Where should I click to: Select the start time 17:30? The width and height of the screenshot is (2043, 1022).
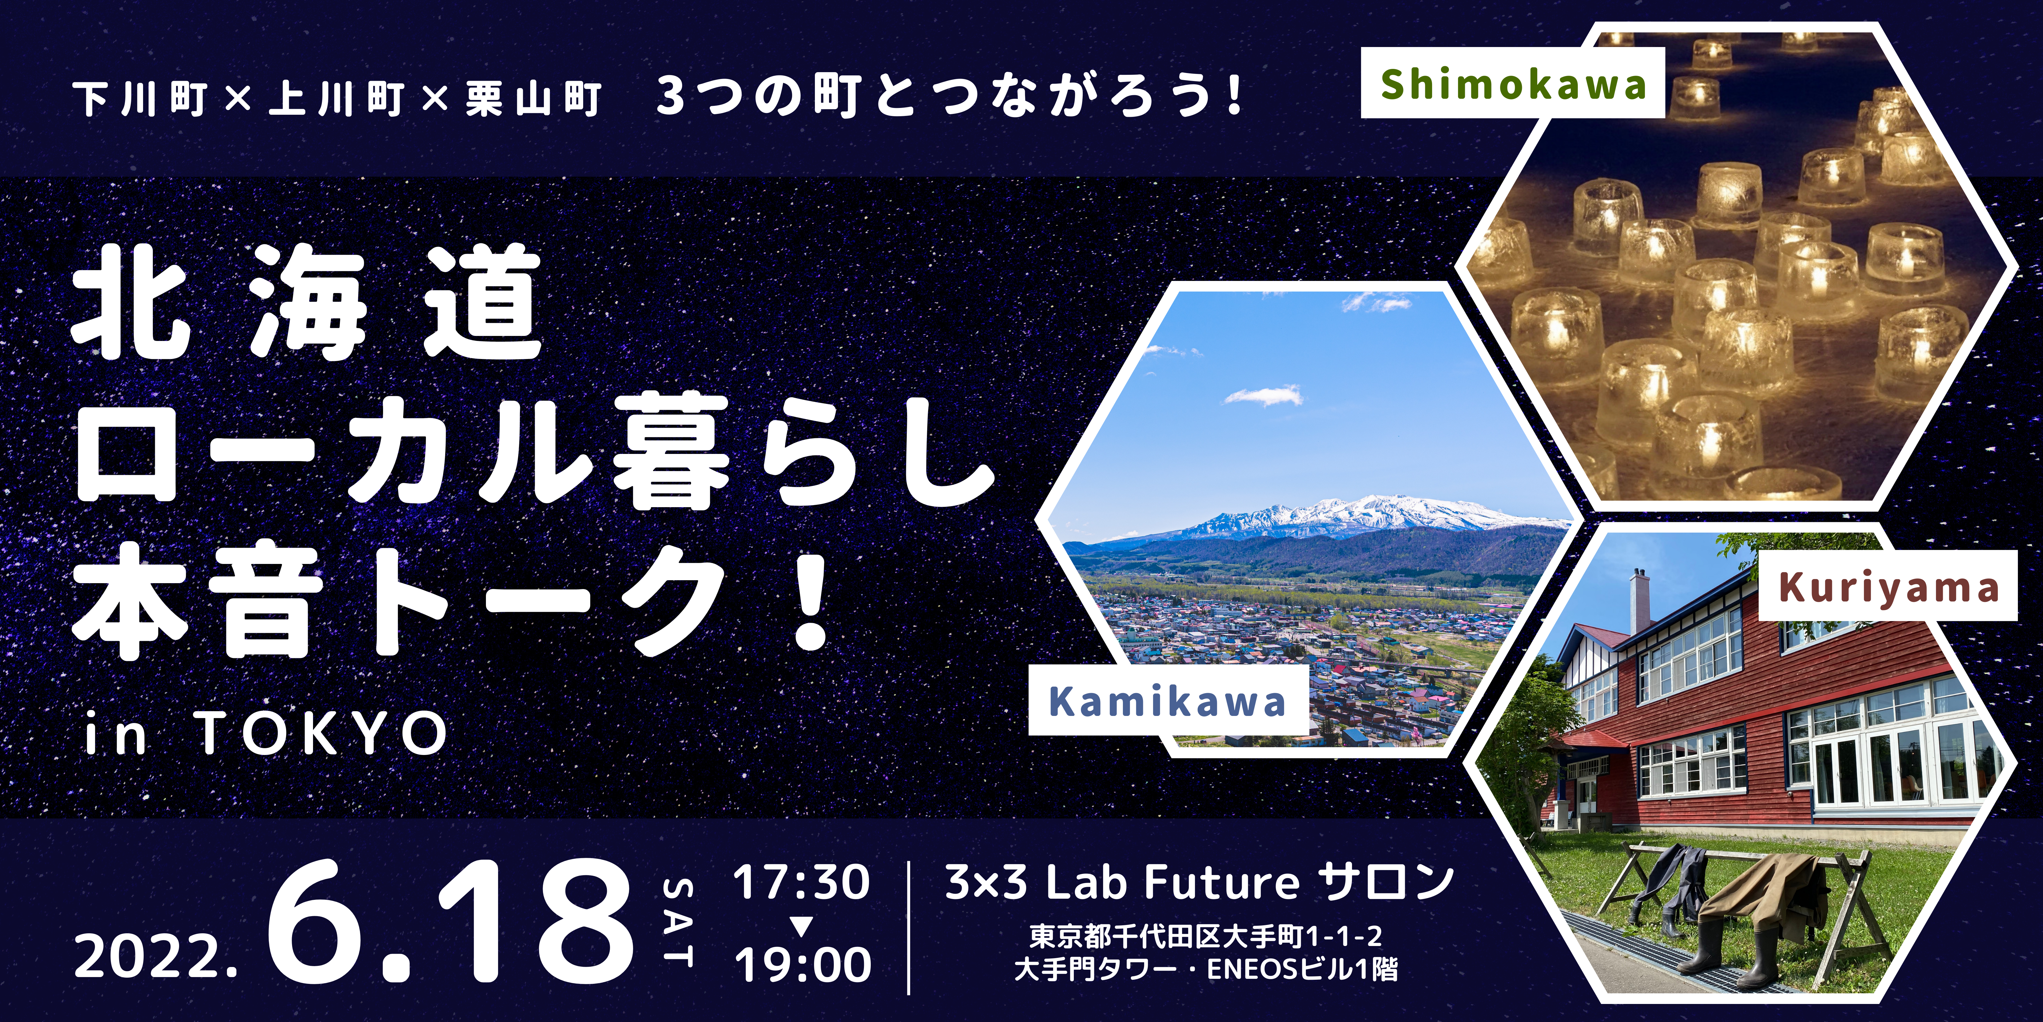point(801,882)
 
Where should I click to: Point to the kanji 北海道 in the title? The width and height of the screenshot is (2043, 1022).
point(308,302)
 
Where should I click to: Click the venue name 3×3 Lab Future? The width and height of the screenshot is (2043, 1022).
point(1122,882)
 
